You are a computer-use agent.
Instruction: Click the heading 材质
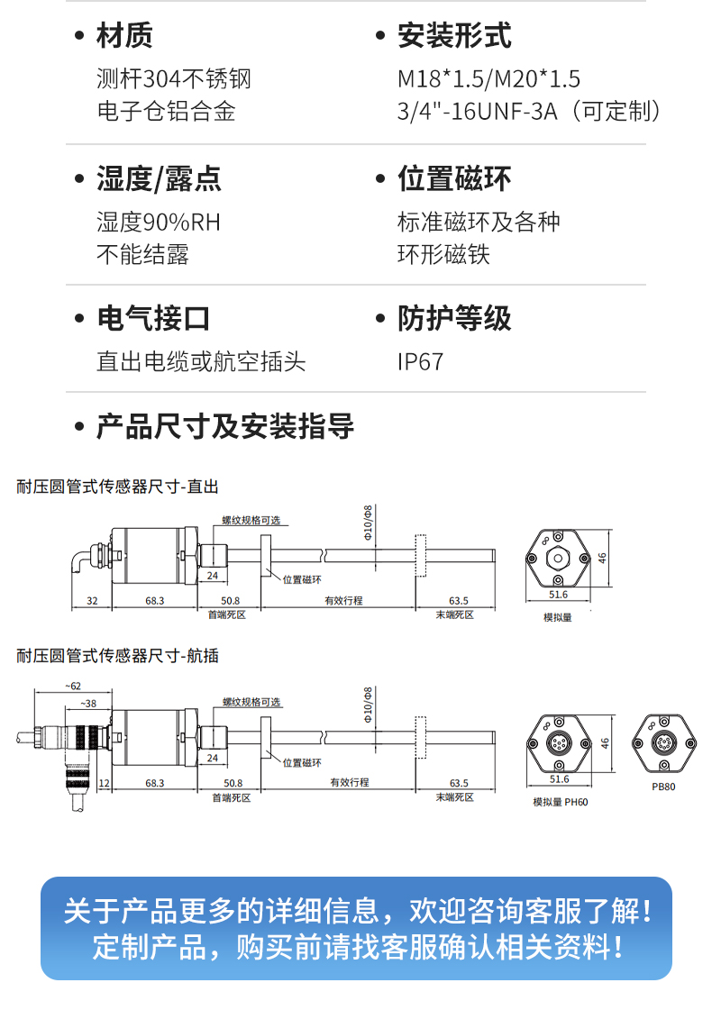(124, 36)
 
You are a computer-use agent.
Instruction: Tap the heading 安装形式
(454, 36)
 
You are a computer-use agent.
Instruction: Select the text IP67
(421, 362)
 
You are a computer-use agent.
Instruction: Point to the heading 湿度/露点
(159, 178)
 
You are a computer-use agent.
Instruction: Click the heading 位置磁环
(454, 178)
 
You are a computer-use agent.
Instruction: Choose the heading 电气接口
(153, 319)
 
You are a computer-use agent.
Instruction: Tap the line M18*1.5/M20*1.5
(489, 79)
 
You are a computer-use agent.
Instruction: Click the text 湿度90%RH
(159, 222)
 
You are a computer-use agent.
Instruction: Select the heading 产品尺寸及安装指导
(225, 426)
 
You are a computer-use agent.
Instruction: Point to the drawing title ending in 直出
(118, 487)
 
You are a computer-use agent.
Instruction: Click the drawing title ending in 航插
(118, 656)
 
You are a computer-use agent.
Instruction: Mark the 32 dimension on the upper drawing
(92, 600)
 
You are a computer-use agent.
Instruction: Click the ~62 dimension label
(72, 687)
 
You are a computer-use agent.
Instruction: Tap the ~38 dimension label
(88, 703)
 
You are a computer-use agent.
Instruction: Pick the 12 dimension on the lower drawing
(104, 783)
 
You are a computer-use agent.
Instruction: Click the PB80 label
(663, 786)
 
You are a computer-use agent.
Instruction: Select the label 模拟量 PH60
(560, 802)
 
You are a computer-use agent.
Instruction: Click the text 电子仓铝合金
(166, 112)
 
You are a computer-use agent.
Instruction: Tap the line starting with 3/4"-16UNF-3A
(532, 112)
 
